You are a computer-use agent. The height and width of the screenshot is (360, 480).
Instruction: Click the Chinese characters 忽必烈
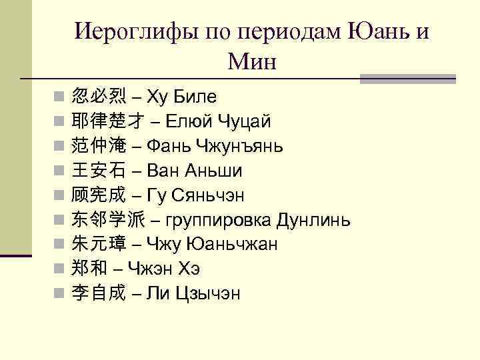point(98,97)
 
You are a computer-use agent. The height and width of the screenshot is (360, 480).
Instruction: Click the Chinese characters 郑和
point(89,269)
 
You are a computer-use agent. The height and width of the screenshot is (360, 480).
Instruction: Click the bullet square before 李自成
point(59,293)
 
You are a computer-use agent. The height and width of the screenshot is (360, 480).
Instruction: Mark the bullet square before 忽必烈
point(59,97)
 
